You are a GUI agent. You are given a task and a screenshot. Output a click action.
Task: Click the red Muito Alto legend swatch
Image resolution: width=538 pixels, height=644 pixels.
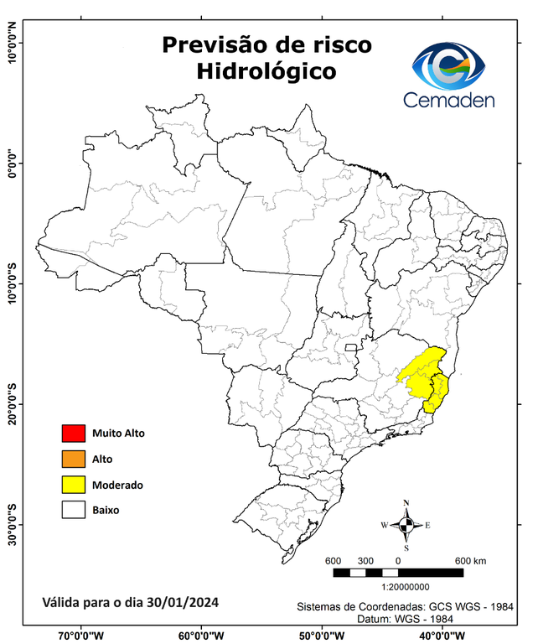pos(74,434)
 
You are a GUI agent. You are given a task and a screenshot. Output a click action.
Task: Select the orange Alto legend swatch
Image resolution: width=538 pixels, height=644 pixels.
pos(74,459)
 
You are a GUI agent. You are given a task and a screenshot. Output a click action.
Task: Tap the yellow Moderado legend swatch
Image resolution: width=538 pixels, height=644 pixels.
pos(74,484)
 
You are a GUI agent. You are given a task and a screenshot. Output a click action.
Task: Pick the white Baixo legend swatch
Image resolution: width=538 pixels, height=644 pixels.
pos(74,509)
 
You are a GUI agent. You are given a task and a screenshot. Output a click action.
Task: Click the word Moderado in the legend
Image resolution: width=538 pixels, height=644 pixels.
pos(117,485)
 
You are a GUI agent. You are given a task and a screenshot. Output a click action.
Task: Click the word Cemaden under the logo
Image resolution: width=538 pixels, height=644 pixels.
pos(449,100)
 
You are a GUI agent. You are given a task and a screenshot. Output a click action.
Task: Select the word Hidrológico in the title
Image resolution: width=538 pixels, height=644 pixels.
pos(266,72)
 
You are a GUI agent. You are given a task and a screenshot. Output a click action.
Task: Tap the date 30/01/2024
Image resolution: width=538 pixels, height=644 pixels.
pos(183,602)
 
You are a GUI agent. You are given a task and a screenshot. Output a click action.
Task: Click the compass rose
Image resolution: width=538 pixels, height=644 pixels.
pos(406,526)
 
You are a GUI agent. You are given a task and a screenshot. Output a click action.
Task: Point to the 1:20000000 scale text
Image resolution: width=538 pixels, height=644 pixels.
pos(406,587)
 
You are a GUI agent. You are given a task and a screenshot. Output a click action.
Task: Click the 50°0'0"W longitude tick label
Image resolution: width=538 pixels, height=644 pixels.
pos(321,635)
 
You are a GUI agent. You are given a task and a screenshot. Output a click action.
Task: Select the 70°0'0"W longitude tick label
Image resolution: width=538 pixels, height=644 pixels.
pos(81,635)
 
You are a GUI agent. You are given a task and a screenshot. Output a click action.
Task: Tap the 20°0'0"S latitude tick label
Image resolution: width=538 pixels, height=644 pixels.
pos(13,404)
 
